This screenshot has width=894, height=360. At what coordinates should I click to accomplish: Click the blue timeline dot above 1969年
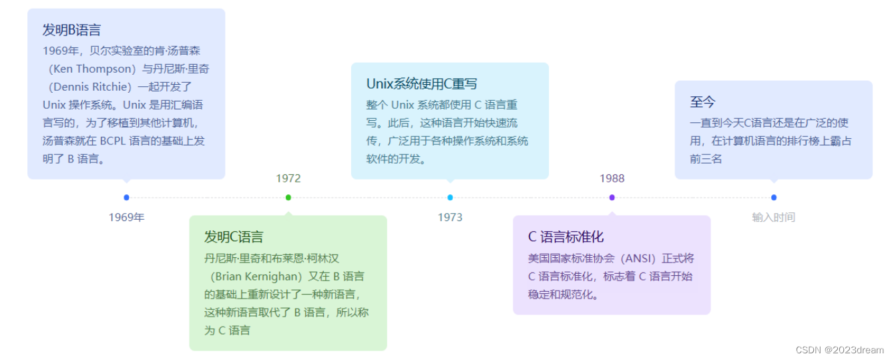pos(126,197)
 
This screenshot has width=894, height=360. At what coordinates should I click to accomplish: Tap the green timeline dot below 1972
pos(288,197)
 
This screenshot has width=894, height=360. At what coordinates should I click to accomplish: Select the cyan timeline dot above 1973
pos(450,197)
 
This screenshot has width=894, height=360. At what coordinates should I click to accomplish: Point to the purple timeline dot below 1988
pos(612,197)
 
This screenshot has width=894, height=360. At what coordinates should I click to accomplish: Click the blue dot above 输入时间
pos(773,197)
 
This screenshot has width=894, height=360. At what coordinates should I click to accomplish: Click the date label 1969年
pos(126,217)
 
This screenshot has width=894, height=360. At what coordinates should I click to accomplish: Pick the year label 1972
pos(288,178)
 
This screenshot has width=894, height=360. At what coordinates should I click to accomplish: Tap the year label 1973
pos(450,217)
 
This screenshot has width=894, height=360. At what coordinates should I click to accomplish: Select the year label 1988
pos(612,178)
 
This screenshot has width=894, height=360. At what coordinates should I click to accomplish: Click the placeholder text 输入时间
pos(773,217)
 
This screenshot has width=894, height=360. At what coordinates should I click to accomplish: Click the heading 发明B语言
pos(71,30)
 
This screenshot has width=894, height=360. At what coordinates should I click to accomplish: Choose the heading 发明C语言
pos(234,237)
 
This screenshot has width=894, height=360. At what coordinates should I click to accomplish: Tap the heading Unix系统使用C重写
pos(421,84)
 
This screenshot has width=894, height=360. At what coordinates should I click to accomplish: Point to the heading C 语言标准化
pos(566,237)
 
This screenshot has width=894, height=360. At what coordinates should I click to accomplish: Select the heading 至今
pos(702,102)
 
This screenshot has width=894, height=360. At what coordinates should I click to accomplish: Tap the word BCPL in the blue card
pos(117,141)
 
